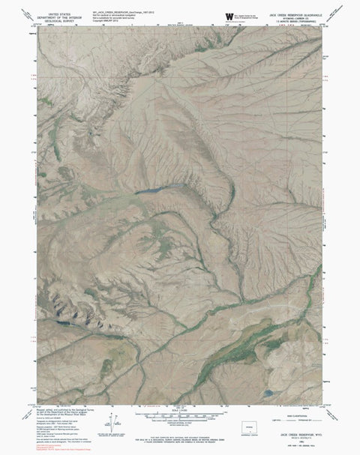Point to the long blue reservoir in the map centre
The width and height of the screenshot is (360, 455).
click(x=158, y=190)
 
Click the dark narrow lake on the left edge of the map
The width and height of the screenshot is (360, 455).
click(x=58, y=323)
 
